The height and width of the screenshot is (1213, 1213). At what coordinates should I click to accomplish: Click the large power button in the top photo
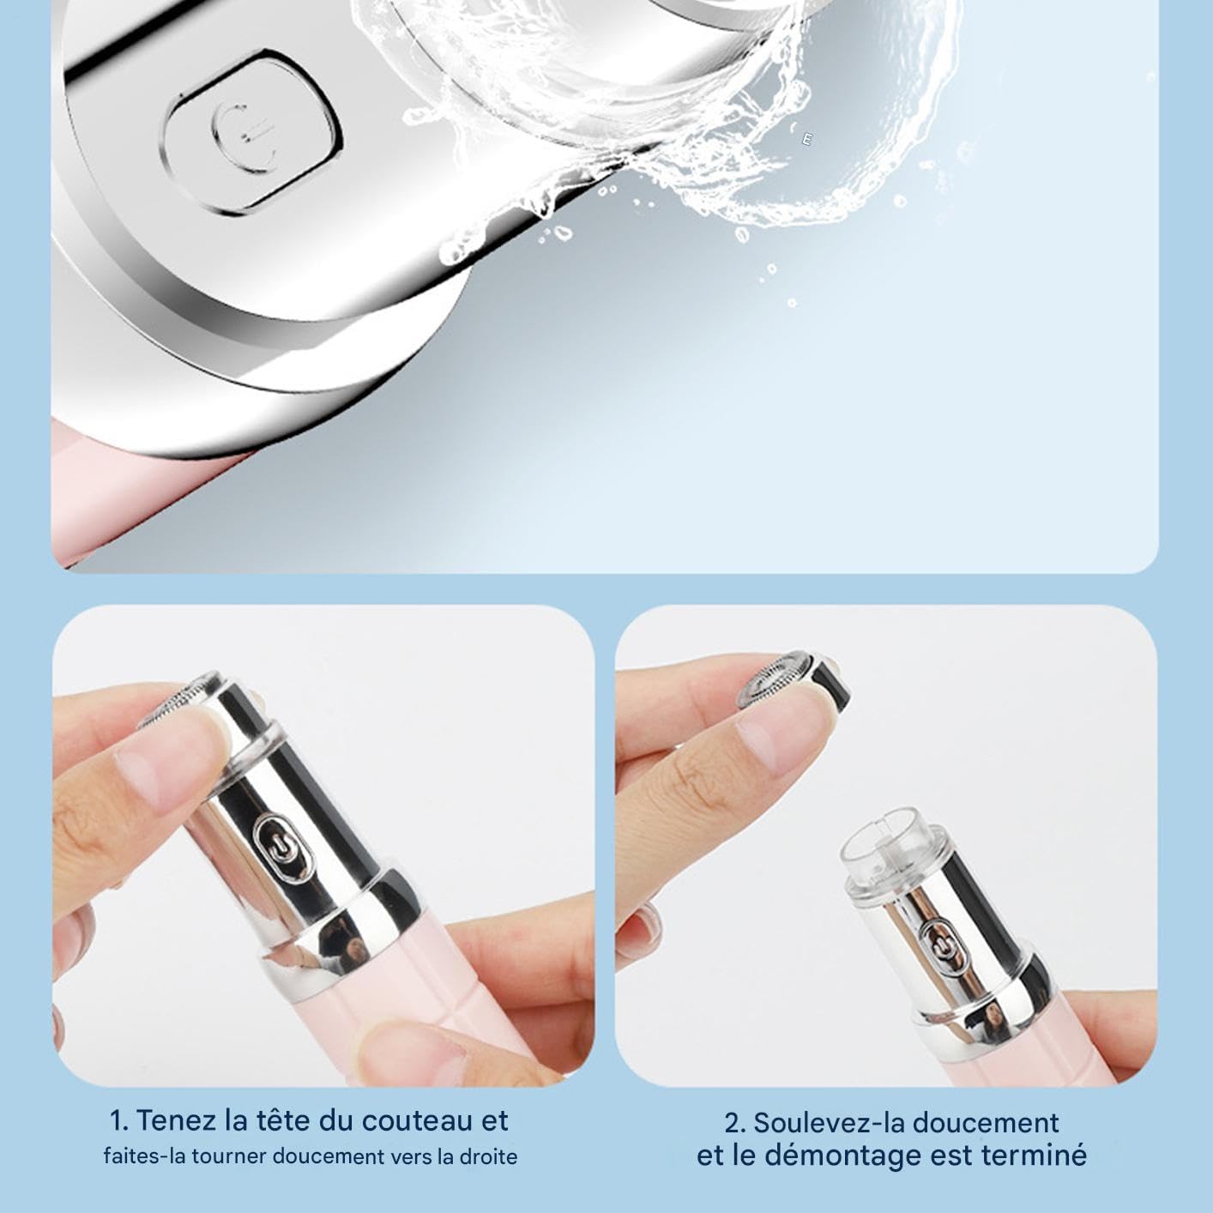pyautogui.click(x=253, y=134)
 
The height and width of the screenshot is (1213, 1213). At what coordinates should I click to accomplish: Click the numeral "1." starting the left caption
pyautogui.click(x=119, y=1120)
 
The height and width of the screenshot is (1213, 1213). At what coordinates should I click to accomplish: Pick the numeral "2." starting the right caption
pyautogui.click(x=735, y=1122)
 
